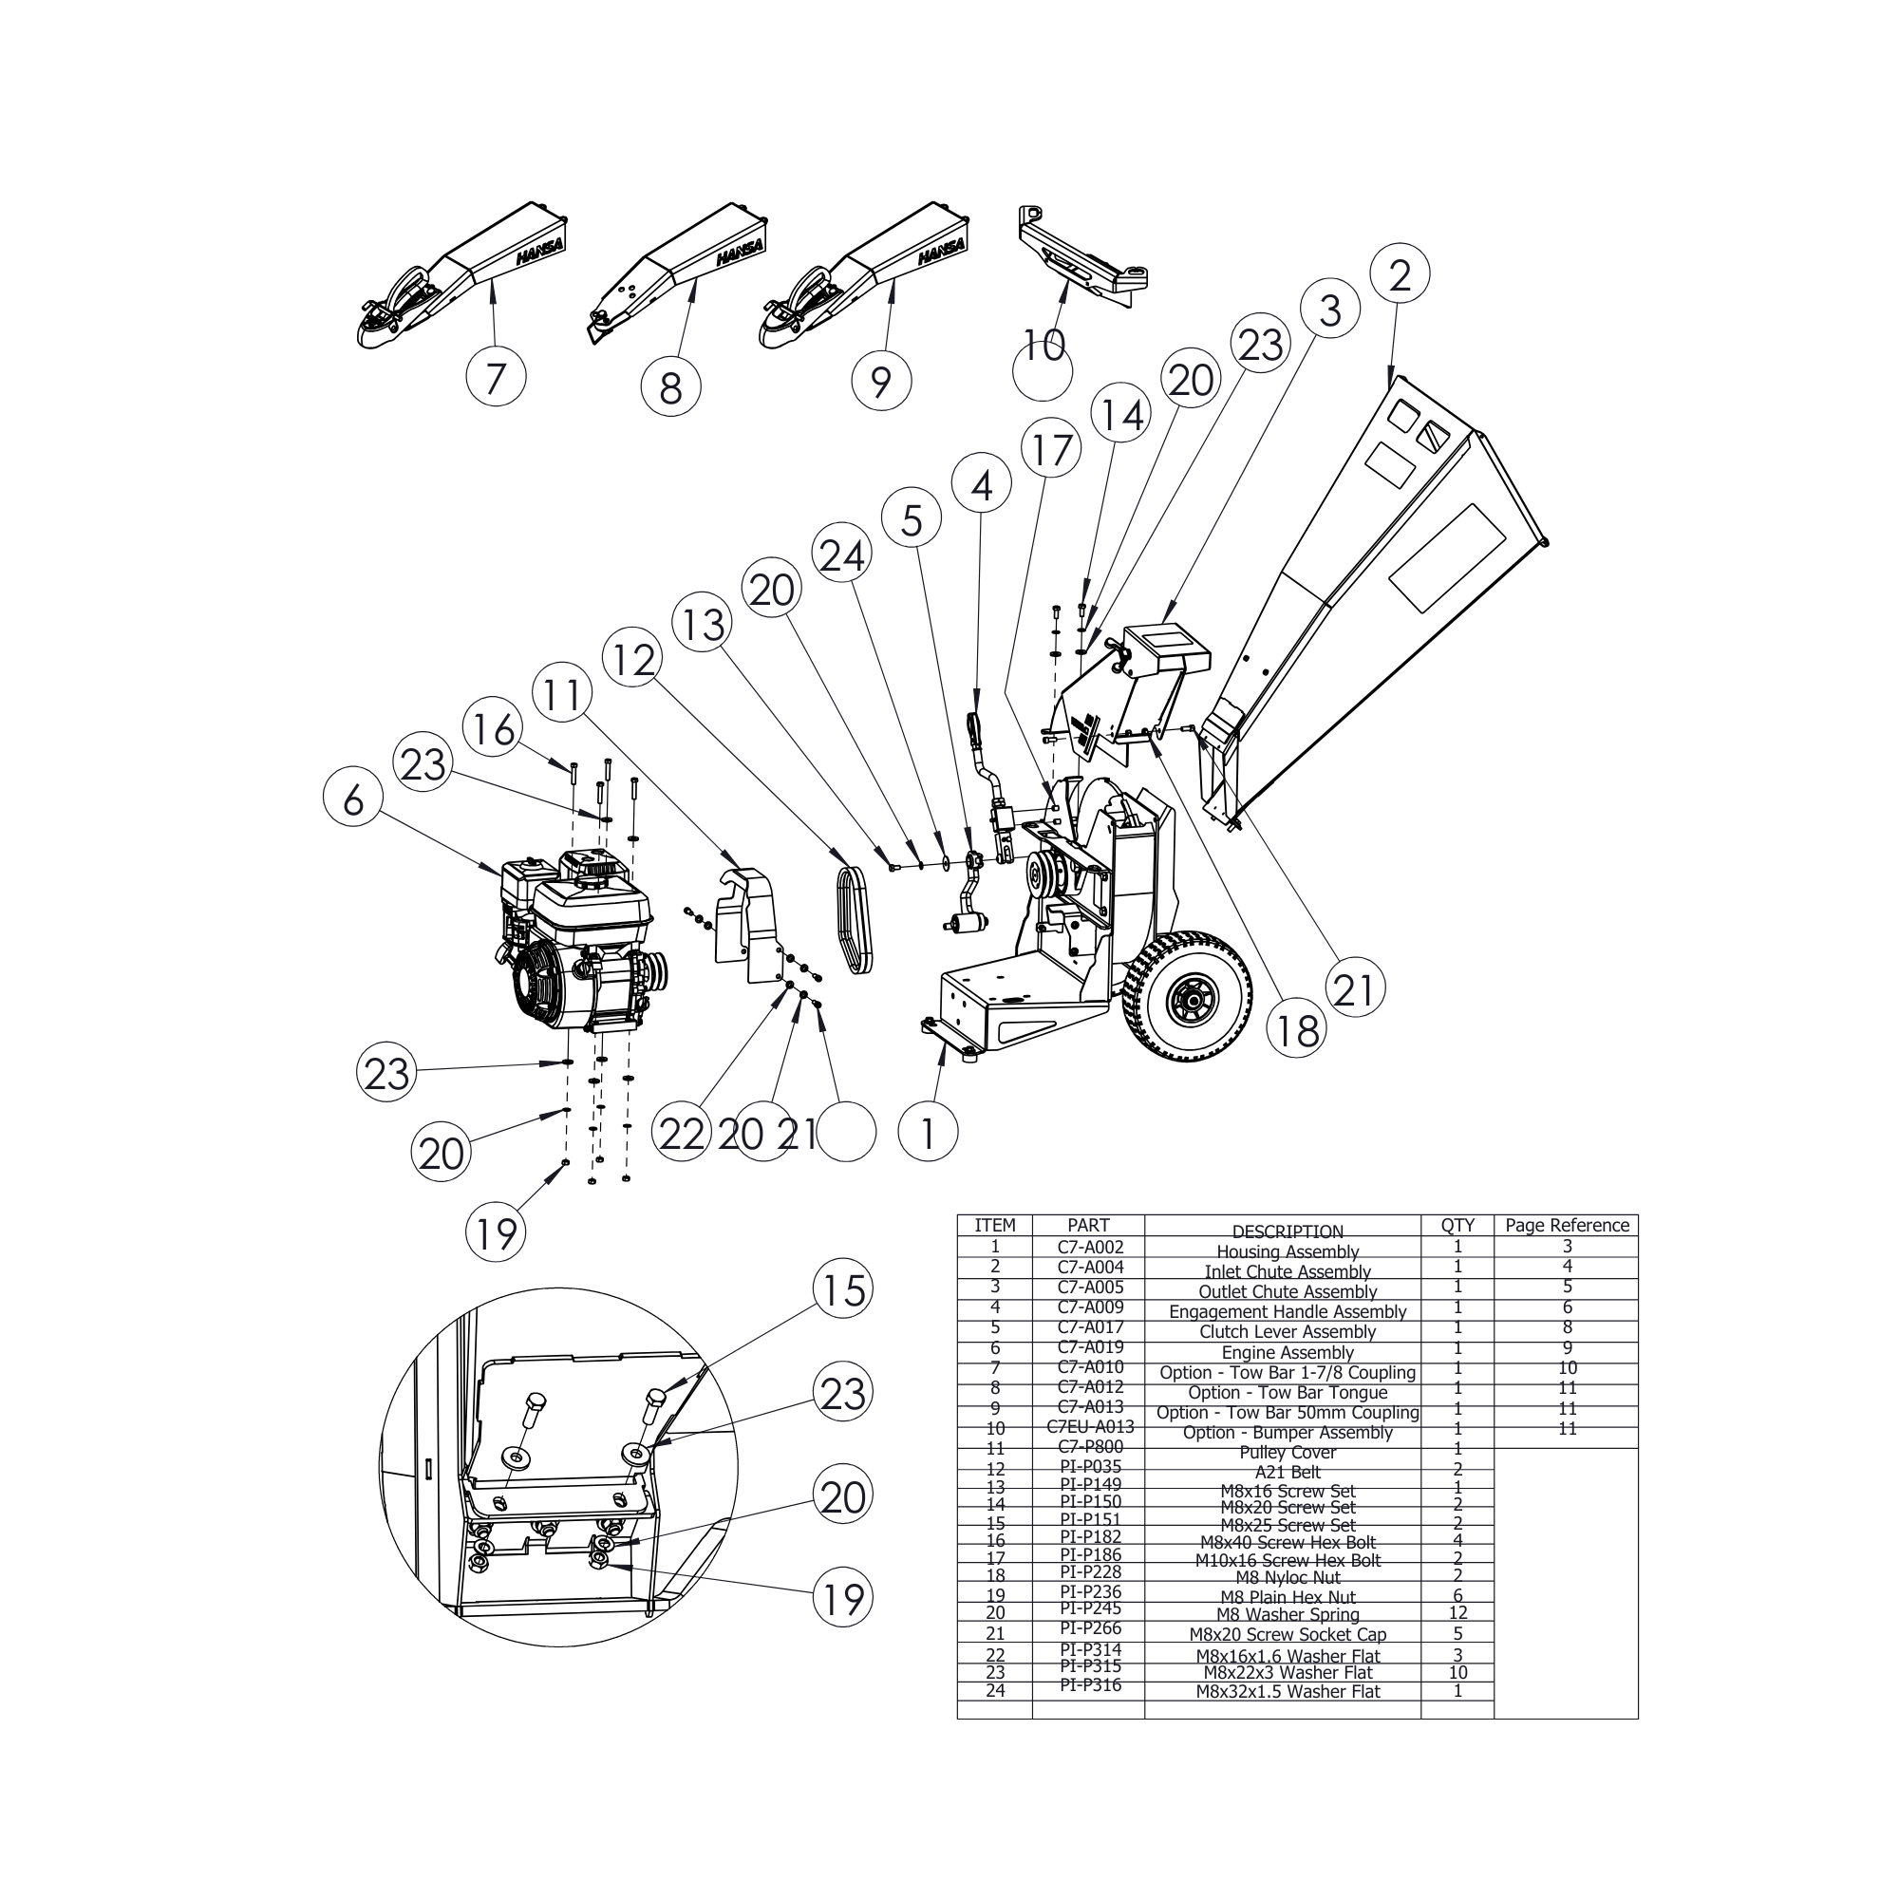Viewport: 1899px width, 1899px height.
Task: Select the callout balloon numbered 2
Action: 1400,274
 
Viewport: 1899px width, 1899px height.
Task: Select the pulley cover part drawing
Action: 747,923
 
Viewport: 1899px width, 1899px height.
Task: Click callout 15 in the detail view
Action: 843,1290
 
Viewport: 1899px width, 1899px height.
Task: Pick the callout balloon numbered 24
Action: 842,555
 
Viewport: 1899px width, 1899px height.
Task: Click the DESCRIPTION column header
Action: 1287,1232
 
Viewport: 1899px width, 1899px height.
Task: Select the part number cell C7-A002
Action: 1089,1247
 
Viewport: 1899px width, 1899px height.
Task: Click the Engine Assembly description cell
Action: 1287,1352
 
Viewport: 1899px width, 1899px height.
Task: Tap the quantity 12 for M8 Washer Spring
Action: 1457,1613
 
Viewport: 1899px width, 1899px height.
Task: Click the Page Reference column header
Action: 1567,1226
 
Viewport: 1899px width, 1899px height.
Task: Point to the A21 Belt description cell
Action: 1287,1473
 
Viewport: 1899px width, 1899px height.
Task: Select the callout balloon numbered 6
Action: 353,799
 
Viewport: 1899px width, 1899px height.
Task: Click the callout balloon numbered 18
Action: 1296,1030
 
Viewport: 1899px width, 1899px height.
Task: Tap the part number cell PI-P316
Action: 1089,1685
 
